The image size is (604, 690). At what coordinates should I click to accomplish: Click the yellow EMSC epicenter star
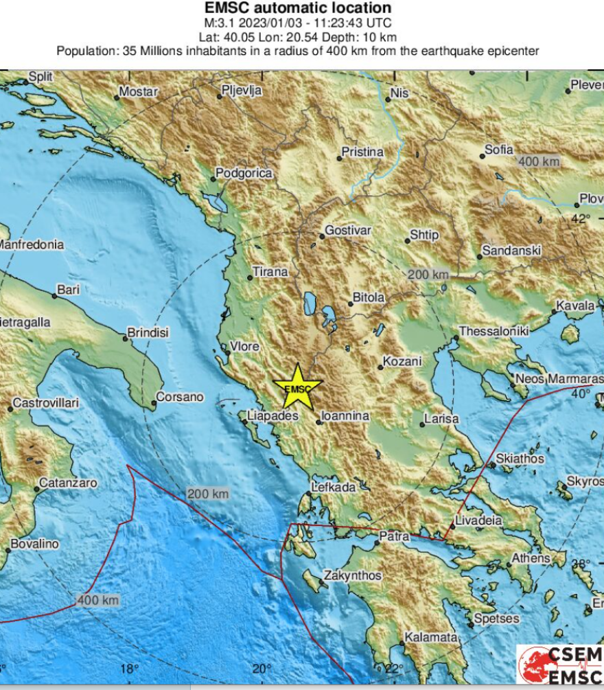point(297,387)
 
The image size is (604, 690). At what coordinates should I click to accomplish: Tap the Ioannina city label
point(347,416)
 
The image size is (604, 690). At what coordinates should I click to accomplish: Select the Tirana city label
point(270,272)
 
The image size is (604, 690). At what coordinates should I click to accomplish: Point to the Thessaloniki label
point(494,331)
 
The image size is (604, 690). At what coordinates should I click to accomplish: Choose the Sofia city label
point(499,149)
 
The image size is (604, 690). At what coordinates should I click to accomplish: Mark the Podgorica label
point(244,174)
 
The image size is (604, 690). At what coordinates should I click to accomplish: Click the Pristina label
point(362,152)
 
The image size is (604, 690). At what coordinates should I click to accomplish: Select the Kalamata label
point(430,638)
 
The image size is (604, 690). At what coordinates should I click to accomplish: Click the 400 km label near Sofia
point(539,162)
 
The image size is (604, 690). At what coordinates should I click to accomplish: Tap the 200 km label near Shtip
point(428,275)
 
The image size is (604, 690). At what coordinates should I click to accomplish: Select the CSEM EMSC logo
point(560,665)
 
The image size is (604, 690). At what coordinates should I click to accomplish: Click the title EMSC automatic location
point(299,8)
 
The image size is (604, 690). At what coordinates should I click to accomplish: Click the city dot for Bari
point(54,296)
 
